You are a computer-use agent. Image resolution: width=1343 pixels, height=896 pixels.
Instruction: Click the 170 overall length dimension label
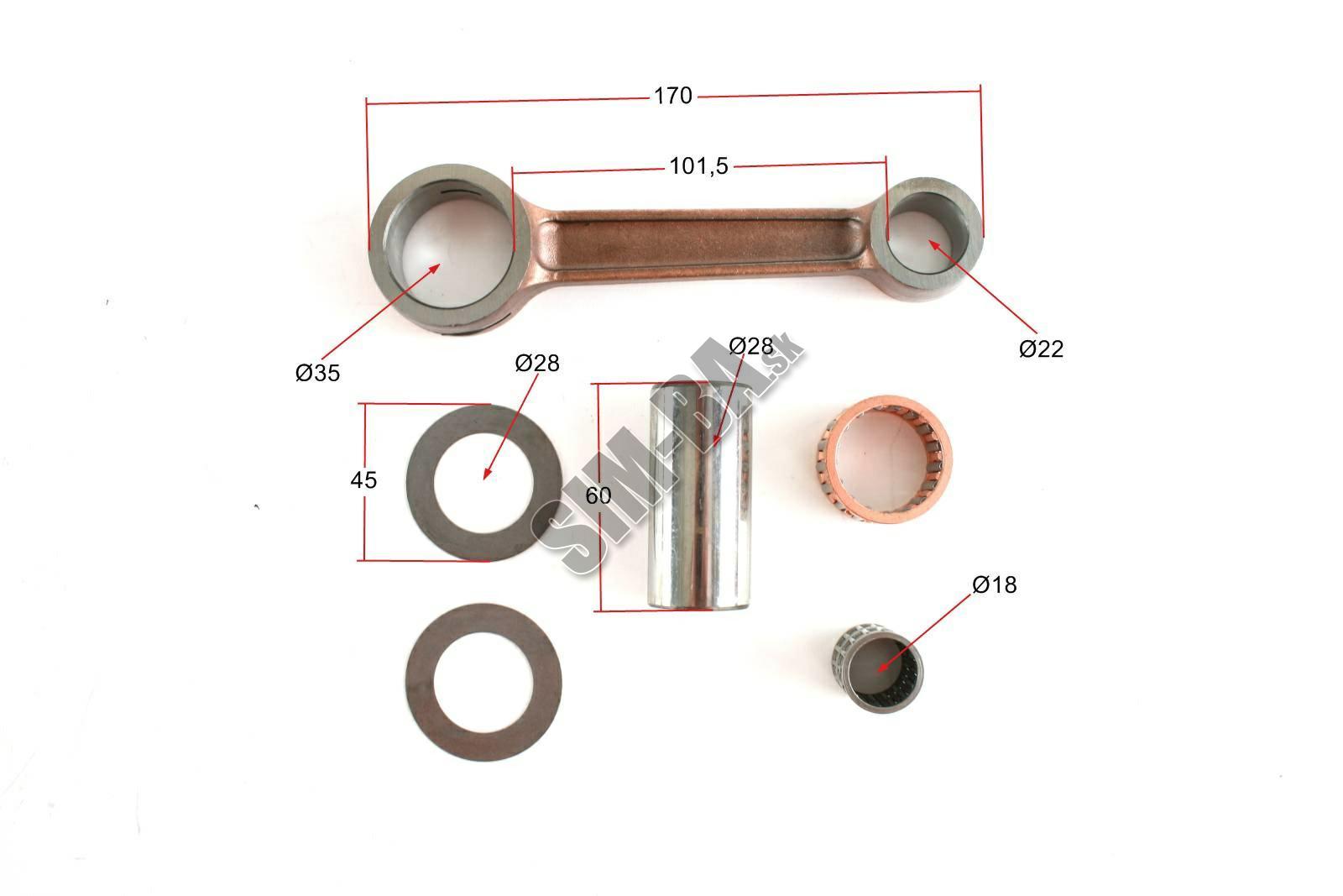(672, 96)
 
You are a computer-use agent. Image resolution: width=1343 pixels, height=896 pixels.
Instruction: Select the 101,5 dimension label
(698, 166)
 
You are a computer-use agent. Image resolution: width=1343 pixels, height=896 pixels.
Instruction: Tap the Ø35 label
(318, 373)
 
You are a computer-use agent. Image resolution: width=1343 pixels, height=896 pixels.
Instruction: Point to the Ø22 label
(1041, 348)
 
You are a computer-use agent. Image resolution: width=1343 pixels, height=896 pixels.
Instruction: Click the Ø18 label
(995, 584)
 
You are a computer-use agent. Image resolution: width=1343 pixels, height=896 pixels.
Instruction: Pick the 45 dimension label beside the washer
(363, 479)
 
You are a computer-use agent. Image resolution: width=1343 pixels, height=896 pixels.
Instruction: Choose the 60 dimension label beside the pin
(598, 495)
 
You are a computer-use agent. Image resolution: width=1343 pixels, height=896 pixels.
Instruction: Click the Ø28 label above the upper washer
(537, 363)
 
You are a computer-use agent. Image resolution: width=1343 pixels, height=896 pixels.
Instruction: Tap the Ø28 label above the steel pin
(751, 346)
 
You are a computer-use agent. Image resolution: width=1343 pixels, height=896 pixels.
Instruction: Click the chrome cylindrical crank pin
(700, 496)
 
